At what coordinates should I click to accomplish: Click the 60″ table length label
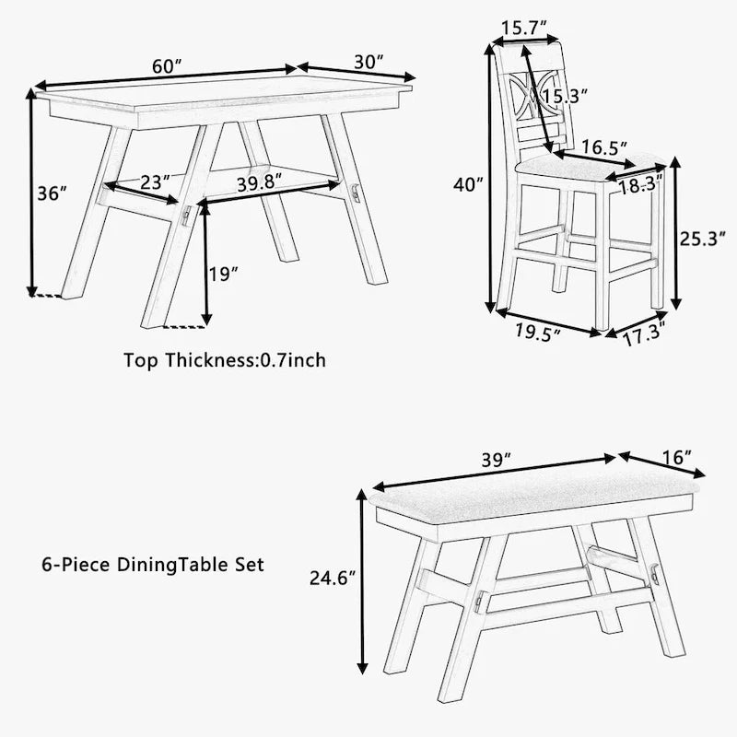point(166,66)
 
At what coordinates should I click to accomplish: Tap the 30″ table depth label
point(368,61)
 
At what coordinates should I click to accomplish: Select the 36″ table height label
point(53,194)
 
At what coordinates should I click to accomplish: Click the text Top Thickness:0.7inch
point(225,359)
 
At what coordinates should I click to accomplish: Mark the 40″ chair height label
point(468,184)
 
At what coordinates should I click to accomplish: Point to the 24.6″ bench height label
point(331,579)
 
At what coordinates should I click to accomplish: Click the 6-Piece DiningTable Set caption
point(153,564)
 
